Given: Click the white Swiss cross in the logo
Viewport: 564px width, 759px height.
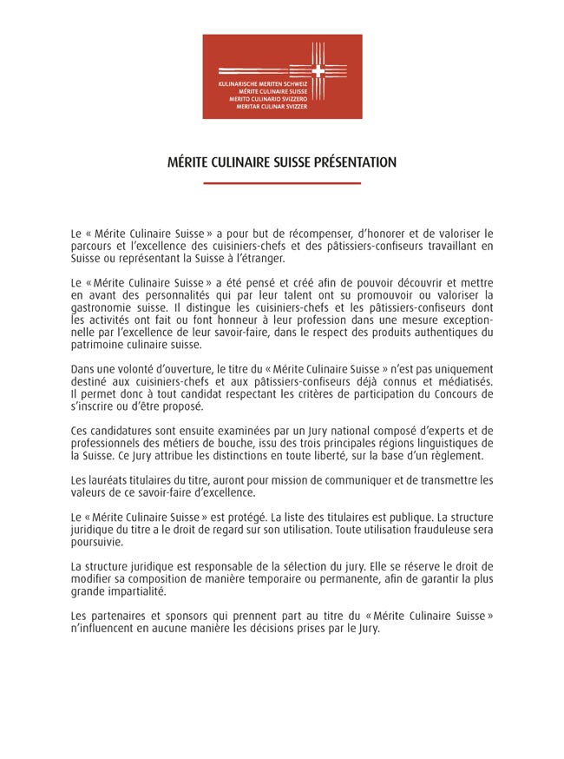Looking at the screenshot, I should click(318, 72).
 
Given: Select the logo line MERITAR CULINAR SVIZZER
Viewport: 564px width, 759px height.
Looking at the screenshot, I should click(272, 107).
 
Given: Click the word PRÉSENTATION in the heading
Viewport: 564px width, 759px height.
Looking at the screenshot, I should click(351, 162).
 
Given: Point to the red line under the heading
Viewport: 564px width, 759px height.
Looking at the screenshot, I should click(282, 183).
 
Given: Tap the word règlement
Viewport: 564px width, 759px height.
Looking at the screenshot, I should click(456, 455).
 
